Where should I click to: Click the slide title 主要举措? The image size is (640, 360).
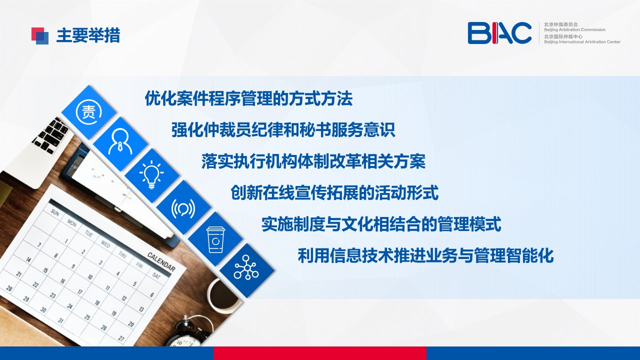click(88, 35)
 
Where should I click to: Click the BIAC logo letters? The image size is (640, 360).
click(499, 33)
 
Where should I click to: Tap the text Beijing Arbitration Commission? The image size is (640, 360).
click(574, 29)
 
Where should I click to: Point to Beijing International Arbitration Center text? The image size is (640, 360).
click(582, 41)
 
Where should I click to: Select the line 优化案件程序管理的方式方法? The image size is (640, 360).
click(248, 98)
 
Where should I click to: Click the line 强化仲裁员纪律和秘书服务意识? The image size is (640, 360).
click(283, 130)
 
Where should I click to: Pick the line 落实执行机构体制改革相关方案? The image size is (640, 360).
click(313, 161)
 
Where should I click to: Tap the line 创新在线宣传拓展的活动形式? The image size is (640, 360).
click(334, 193)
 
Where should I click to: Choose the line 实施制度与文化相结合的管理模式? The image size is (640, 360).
click(381, 224)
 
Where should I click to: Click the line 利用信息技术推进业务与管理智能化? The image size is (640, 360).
click(425, 255)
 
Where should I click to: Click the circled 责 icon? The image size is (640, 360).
click(89, 112)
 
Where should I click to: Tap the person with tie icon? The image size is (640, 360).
click(120, 142)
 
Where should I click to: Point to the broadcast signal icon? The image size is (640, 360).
click(183, 208)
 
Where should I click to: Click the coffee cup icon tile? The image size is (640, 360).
click(215, 239)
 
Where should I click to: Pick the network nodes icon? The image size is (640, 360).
click(246, 267)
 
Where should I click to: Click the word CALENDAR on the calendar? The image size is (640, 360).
click(161, 261)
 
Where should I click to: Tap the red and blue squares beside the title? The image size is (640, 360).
click(40, 36)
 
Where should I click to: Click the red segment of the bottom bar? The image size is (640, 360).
click(319, 353)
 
